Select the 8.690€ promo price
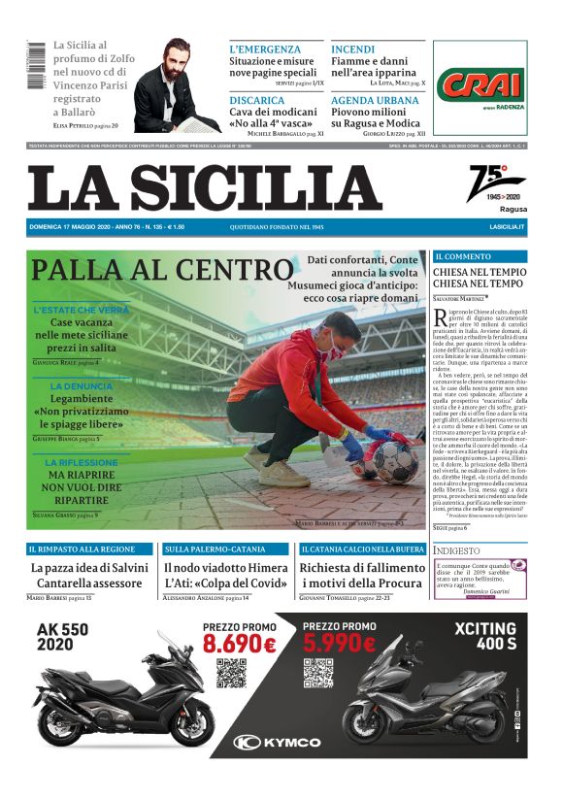point(240,644)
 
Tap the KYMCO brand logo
point(281,742)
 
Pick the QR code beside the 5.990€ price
point(318,674)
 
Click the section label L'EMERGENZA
point(264,49)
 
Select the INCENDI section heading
point(352,49)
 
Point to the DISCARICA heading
point(257,99)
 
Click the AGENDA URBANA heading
point(375,99)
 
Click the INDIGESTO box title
point(457,550)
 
